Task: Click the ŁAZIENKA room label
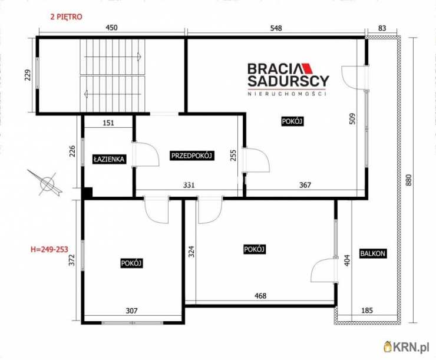click(109, 159)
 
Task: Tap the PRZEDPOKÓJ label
click(192, 156)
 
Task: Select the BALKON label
click(372, 253)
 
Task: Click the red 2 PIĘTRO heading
click(66, 16)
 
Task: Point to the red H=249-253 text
click(49, 249)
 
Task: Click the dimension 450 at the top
click(112, 28)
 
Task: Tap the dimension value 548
click(276, 28)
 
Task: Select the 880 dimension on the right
click(408, 180)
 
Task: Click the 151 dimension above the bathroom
click(108, 123)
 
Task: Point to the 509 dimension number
click(352, 118)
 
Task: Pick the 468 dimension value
click(260, 296)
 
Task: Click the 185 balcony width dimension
click(366, 311)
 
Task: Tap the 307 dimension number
click(131, 311)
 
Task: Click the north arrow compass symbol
click(47, 183)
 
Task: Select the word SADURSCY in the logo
click(288, 81)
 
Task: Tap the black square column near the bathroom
click(88, 193)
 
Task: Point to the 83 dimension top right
click(382, 28)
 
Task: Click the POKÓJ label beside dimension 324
click(255, 249)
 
